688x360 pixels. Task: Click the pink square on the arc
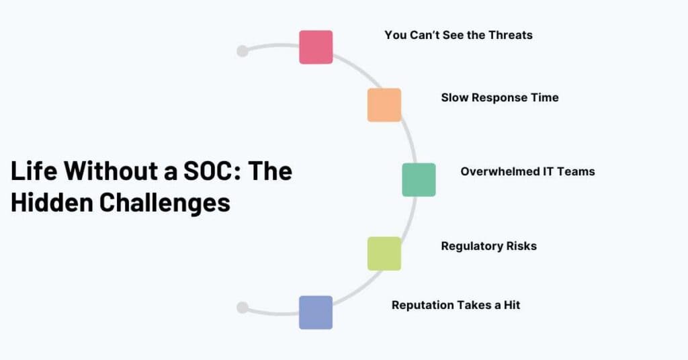pos(316,47)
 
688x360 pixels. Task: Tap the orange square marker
pos(384,105)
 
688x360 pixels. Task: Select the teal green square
pos(419,179)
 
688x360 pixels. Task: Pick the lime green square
pos(384,253)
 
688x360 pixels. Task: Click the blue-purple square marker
pos(316,312)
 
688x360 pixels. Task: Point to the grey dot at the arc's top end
pos(243,51)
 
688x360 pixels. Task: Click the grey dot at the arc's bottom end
pos(243,308)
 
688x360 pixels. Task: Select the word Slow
pos(455,97)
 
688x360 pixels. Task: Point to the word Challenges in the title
pos(165,201)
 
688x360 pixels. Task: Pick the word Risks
pos(521,246)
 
